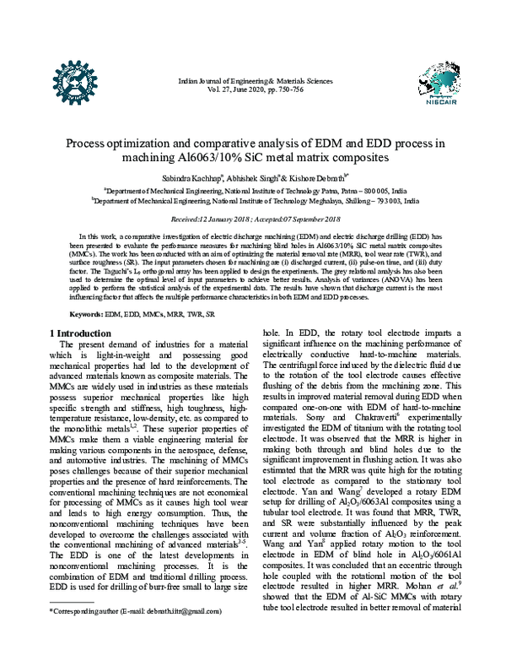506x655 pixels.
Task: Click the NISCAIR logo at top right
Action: (430, 84)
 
